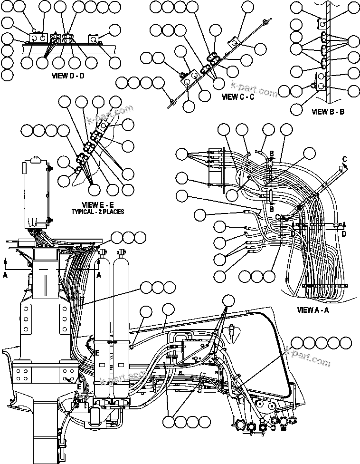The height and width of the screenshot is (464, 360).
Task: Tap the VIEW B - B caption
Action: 328,112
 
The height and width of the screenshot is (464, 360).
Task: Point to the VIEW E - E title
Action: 98,205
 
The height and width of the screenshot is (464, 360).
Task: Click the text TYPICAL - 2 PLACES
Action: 98,212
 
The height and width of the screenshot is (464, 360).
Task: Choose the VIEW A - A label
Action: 314,310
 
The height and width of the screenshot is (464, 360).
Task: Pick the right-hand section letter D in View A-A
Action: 343,234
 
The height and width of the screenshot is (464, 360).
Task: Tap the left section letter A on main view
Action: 5,274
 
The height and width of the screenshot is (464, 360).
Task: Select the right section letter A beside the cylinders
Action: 99,274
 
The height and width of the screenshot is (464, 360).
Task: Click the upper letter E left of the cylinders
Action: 96,353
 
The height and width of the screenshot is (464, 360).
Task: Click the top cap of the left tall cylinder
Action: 101,251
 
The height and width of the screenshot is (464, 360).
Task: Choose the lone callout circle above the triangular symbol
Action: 229,300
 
